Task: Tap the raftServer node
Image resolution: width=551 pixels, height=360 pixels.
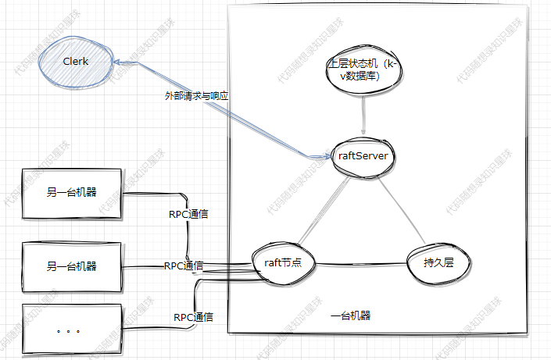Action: click(363, 155)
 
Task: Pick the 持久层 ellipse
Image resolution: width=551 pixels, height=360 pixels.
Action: click(436, 263)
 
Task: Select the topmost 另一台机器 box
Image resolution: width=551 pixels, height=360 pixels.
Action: click(71, 194)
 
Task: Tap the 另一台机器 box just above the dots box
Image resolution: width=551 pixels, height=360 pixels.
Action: click(71, 266)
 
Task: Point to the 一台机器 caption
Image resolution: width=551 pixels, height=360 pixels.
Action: click(350, 316)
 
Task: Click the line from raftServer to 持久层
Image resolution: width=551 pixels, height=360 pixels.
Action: click(400, 209)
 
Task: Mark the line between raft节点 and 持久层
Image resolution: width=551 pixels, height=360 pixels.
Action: click(360, 263)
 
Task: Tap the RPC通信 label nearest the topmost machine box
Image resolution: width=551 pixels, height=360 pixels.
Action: click(188, 213)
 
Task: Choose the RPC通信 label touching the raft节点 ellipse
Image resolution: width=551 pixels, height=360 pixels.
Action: click(184, 266)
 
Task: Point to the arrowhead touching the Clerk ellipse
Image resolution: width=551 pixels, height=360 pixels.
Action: click(115, 62)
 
